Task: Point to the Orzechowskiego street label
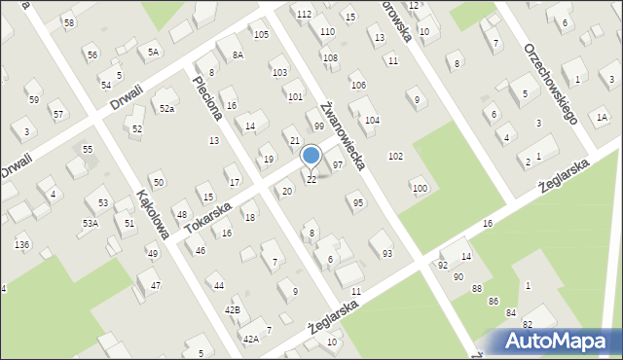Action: tap(552, 84)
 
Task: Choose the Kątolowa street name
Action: tap(155, 214)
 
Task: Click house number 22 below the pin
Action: tap(311, 180)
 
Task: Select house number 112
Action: tap(304, 14)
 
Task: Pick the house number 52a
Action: tap(167, 108)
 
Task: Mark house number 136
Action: tap(21, 244)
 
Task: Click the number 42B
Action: tap(232, 309)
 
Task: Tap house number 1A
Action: tap(602, 117)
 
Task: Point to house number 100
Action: tap(419, 188)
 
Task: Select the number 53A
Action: tap(90, 223)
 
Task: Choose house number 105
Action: tap(260, 35)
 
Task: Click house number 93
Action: tap(387, 253)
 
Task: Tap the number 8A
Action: tap(238, 55)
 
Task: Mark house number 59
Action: tap(33, 99)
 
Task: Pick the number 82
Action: tap(528, 324)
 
